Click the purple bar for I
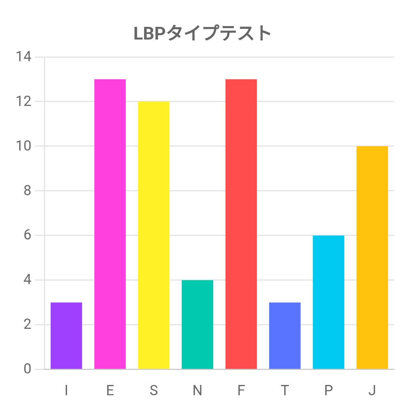click(66, 336)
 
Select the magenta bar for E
click(110, 224)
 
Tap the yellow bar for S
click(154, 235)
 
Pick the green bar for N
click(197, 324)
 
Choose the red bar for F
click(241, 224)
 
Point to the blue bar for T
click(285, 336)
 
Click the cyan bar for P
click(328, 302)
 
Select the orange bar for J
click(372, 258)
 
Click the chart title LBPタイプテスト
click(203, 33)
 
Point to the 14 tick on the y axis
click(23, 57)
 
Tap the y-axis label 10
click(23, 146)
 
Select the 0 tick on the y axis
click(27, 369)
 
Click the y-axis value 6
click(27, 236)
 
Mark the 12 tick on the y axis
click(23, 102)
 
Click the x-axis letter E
click(110, 390)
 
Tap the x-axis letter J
click(372, 390)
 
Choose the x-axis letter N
click(197, 390)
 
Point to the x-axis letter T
click(285, 390)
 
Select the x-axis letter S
click(154, 390)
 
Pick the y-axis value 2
click(27, 325)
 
